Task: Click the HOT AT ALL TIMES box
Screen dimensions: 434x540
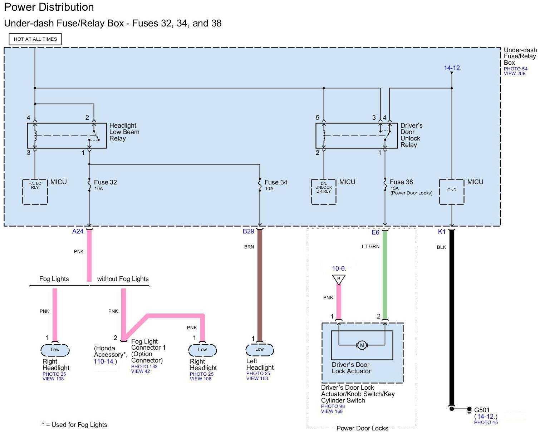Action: [x=35, y=39]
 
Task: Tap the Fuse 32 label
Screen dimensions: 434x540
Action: [x=105, y=182]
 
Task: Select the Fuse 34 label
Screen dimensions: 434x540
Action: [x=276, y=182]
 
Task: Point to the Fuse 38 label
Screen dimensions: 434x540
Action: [x=401, y=182]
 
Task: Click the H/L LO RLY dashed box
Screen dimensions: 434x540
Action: [x=35, y=192]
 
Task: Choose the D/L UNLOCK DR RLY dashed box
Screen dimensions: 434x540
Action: [x=324, y=192]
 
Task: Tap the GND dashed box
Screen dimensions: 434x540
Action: [x=452, y=192]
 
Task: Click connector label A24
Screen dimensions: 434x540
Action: [x=78, y=231]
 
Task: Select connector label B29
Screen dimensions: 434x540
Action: [x=248, y=231]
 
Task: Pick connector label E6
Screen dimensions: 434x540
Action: [x=375, y=232]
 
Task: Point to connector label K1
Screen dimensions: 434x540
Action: [x=442, y=232]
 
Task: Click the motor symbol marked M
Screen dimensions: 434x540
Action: [x=362, y=345]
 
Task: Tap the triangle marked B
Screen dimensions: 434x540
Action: [x=338, y=279]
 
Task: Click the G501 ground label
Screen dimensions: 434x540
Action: [x=482, y=410]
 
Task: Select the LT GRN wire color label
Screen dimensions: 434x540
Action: [x=370, y=246]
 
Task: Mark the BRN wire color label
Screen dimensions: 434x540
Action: [x=249, y=247]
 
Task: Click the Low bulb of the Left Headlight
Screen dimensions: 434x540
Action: [x=260, y=349]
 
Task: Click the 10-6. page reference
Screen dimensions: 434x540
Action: [x=339, y=268]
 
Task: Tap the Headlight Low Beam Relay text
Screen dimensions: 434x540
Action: [x=124, y=132]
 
